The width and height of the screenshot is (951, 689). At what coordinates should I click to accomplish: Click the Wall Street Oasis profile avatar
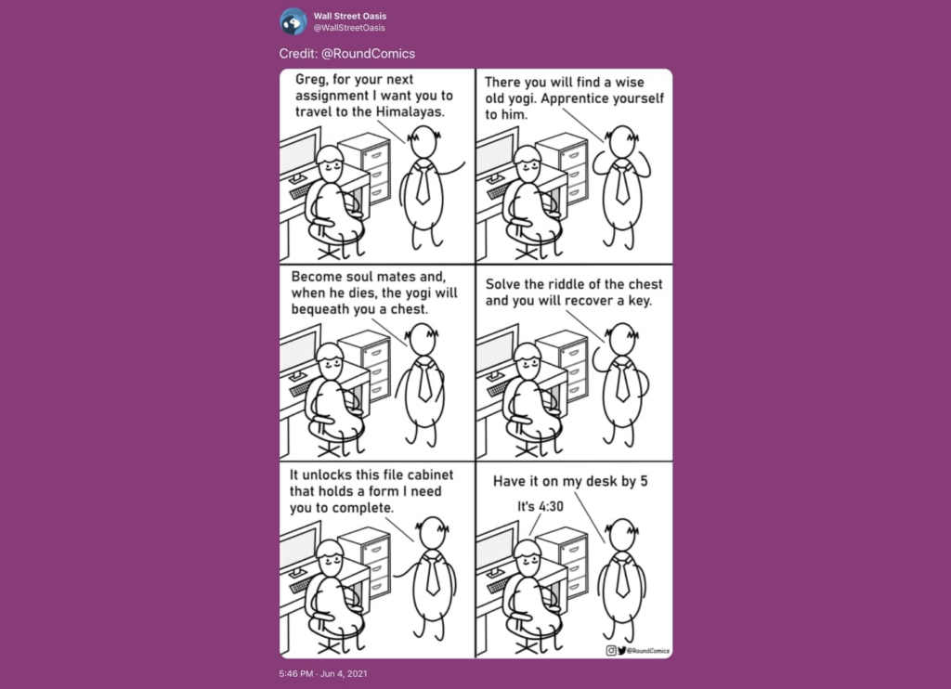pos(293,21)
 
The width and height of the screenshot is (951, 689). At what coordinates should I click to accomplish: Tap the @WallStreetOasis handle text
pos(349,28)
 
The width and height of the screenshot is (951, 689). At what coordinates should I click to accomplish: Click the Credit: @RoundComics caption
pos(347,53)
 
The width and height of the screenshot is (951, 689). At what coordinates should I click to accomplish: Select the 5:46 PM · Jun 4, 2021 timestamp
pos(323,673)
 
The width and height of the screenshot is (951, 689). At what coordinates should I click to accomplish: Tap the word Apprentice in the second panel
pos(570,98)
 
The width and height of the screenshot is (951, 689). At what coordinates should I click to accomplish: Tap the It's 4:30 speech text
pos(540,506)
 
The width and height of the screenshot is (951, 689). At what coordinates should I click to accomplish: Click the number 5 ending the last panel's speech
pos(644,481)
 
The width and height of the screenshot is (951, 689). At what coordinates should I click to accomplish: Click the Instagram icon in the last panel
pos(611,650)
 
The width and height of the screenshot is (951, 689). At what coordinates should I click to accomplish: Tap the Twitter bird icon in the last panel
pos(621,650)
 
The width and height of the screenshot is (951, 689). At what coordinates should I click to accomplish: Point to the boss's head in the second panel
pos(621,142)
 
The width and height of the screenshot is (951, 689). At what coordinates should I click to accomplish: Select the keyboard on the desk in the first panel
pos(302,191)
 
